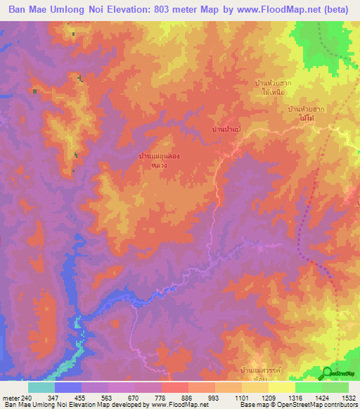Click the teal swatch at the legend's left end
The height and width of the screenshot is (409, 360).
click(x=41, y=387)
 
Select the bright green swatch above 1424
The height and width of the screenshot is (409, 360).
click(x=308, y=387)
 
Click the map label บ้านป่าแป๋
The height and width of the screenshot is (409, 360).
click(x=226, y=130)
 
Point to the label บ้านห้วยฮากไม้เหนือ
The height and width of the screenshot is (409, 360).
click(x=274, y=87)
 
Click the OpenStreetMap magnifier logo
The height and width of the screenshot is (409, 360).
click(x=327, y=373)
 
